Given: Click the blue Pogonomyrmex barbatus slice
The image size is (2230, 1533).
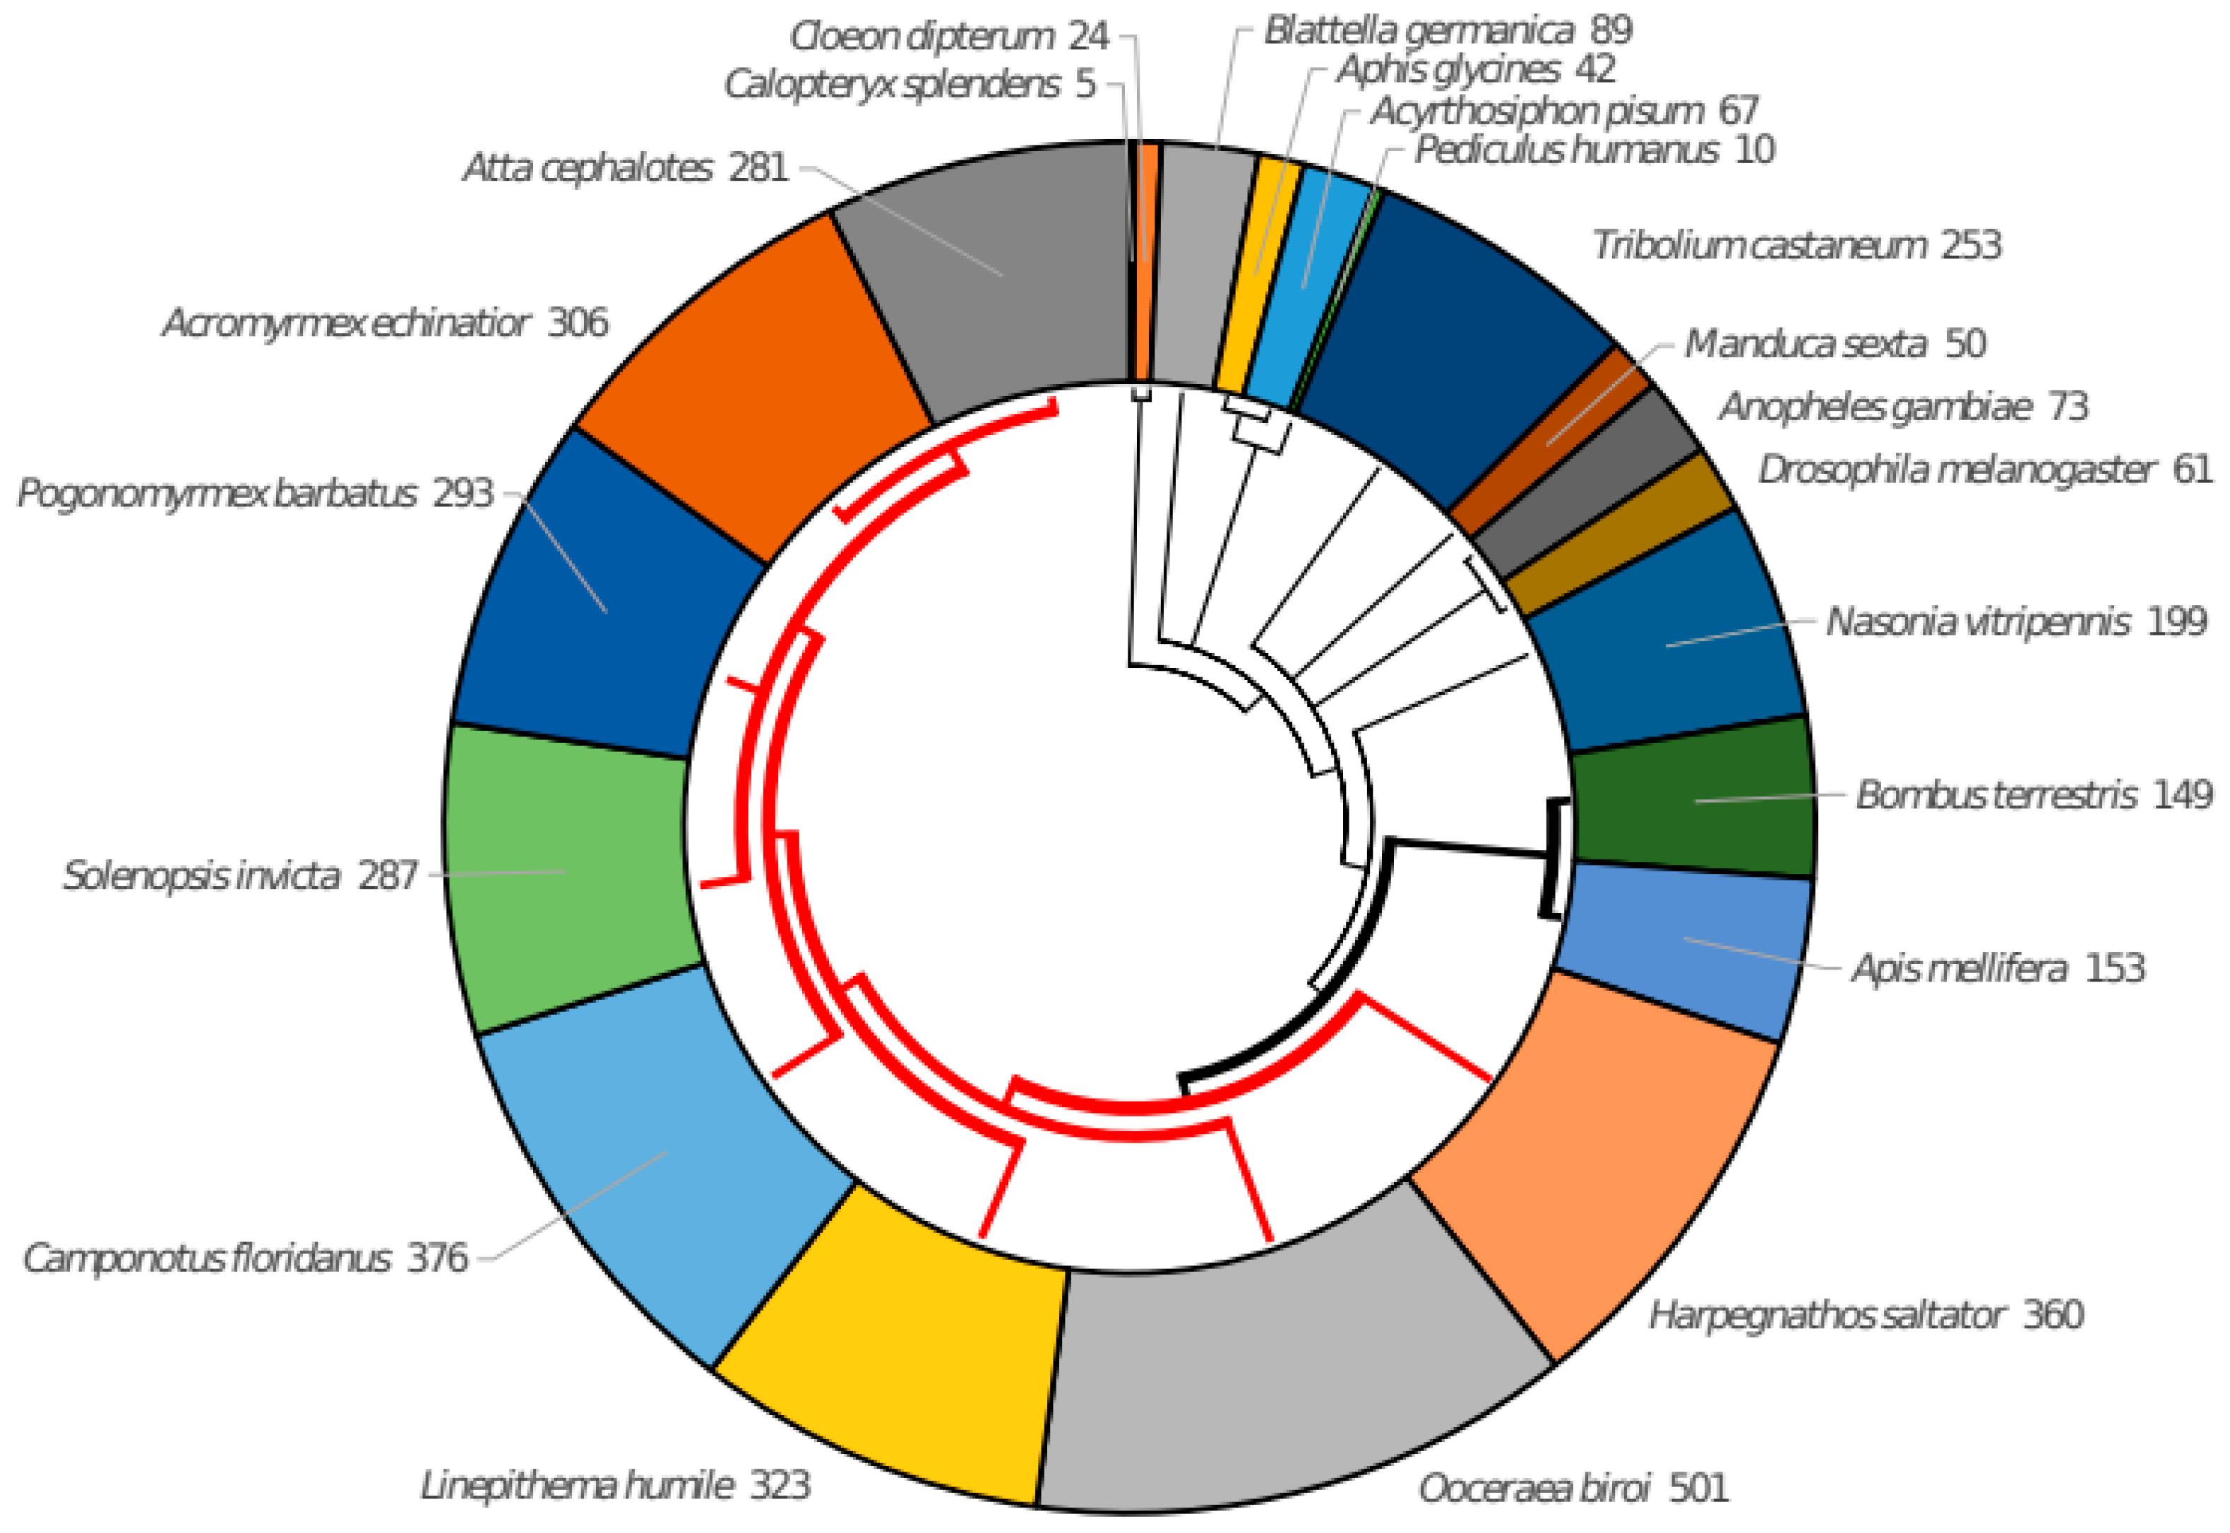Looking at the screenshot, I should pos(605,605).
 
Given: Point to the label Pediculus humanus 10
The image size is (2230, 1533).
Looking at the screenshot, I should pos(1594,150).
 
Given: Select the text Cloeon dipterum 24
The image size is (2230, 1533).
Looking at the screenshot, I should pos(949,37).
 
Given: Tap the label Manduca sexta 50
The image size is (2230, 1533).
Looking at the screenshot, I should pos(1835,343).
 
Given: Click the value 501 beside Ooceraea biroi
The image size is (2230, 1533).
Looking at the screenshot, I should pos(1699,1488).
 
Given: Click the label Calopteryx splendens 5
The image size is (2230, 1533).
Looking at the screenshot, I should pos(910,85).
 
